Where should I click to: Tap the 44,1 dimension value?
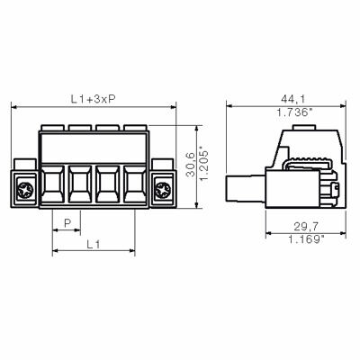pos(289,97)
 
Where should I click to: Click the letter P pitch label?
pos(68,221)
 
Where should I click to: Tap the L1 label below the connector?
pos(94,244)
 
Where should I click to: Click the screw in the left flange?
pos(26,190)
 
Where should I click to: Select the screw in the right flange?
pos(163,190)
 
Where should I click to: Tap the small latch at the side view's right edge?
pos(336,190)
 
